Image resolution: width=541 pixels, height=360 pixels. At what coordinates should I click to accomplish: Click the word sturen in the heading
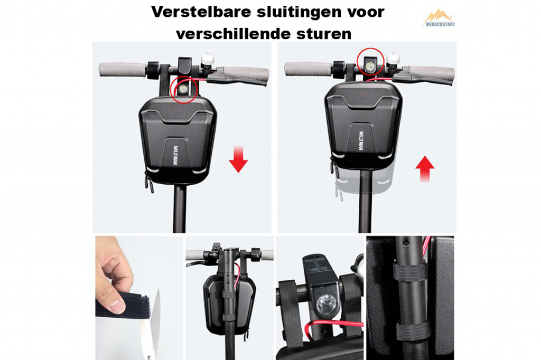324,34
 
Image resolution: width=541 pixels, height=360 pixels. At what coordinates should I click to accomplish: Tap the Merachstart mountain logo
438,18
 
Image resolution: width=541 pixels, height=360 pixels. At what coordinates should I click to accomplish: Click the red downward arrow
238,159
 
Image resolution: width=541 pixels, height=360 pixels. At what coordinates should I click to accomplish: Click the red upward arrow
425,169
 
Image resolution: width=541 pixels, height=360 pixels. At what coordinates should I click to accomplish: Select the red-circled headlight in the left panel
183,90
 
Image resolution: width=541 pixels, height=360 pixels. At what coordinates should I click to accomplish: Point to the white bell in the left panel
207,60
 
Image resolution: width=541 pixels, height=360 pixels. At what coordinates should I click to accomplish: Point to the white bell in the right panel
393,59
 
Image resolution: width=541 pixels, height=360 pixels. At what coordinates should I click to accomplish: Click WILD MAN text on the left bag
175,155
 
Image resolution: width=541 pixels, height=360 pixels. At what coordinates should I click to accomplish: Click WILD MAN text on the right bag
360,141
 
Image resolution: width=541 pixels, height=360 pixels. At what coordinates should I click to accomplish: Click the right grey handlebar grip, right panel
431,74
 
